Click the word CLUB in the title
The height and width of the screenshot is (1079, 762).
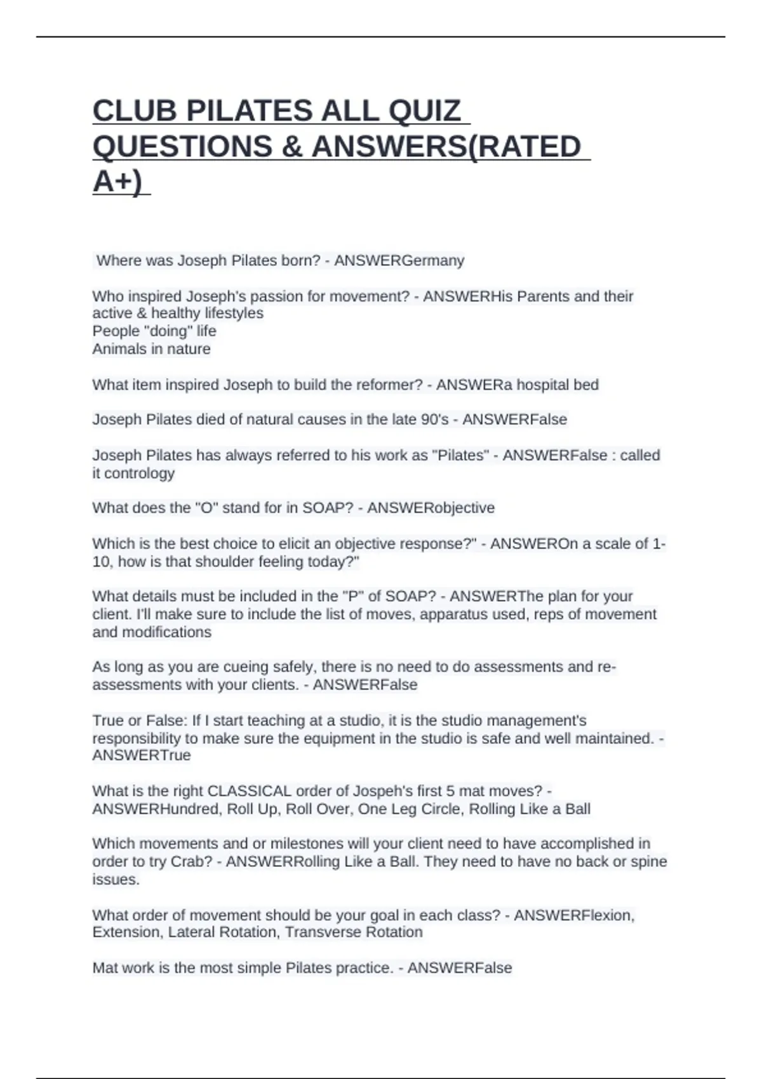[x=135, y=111]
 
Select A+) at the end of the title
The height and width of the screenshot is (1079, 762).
[x=117, y=182]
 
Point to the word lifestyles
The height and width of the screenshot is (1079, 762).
[x=234, y=314]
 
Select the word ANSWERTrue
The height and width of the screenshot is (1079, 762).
[x=142, y=755]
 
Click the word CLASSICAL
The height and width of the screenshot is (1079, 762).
[x=250, y=791]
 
